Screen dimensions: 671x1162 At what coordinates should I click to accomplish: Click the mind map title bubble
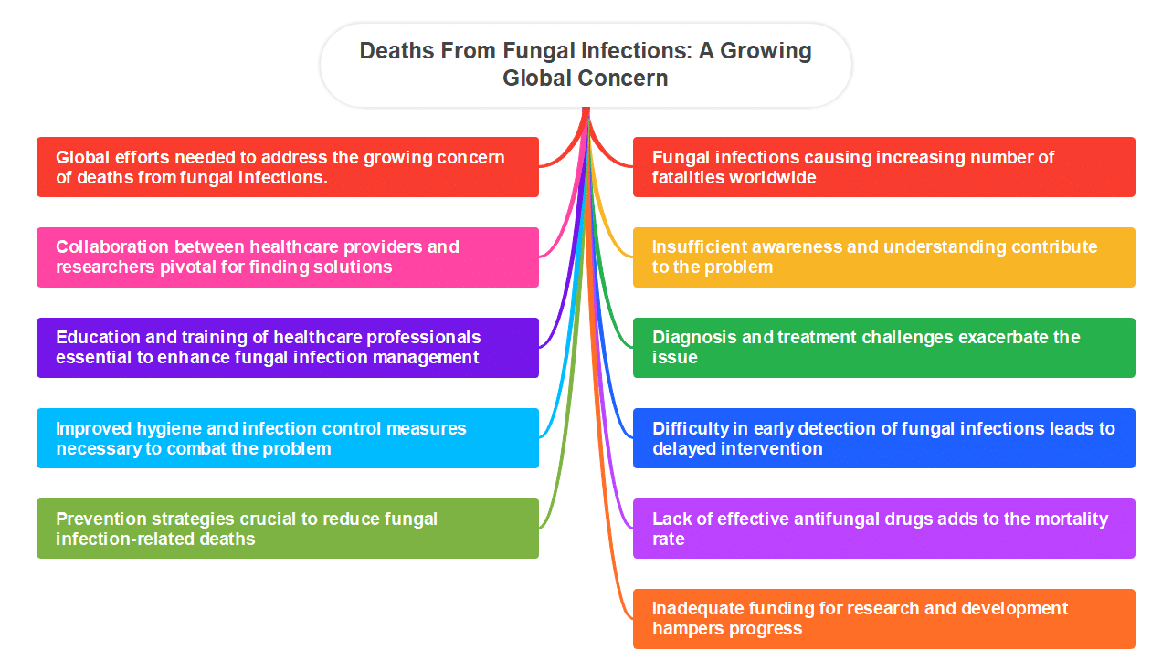[585, 64]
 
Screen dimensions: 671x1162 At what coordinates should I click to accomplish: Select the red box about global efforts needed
[287, 167]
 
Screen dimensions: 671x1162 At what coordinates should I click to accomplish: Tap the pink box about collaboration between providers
[287, 257]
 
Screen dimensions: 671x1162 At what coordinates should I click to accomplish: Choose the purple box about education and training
[287, 348]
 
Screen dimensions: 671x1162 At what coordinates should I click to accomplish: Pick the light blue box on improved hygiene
[287, 438]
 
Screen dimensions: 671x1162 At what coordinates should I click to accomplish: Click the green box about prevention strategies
[287, 529]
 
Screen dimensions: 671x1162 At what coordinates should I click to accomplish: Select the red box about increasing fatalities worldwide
[883, 167]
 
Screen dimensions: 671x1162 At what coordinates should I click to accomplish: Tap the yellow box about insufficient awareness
[883, 257]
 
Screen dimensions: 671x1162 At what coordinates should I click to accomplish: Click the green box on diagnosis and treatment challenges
[883, 348]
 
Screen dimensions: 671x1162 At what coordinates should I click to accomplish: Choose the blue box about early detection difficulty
[883, 438]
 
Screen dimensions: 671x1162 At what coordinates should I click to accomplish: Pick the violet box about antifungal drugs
[883, 529]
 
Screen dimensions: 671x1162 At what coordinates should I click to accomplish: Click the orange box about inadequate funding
[883, 619]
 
